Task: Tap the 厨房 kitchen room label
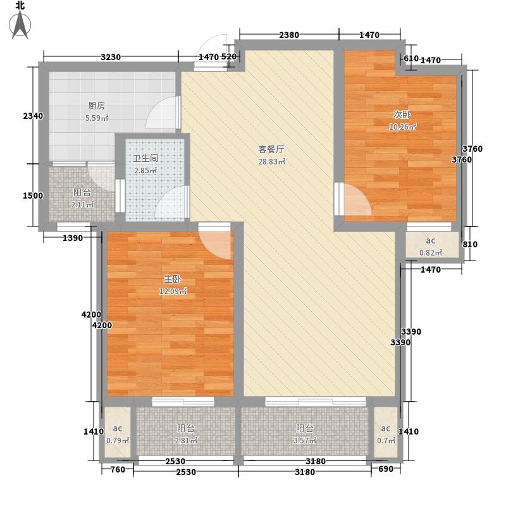(x=96, y=106)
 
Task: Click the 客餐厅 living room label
(x=271, y=150)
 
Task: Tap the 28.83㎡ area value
(x=272, y=162)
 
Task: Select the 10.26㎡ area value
(x=402, y=126)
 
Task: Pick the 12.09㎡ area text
(x=173, y=292)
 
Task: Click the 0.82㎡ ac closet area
(x=430, y=253)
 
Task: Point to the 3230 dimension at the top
(x=110, y=58)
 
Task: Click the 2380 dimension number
(x=288, y=35)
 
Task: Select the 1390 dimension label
(x=73, y=238)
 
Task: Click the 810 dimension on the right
(x=478, y=245)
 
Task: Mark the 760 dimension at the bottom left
(x=118, y=469)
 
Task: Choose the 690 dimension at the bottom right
(x=386, y=469)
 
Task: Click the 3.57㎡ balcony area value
(x=304, y=441)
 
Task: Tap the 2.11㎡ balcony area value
(x=82, y=205)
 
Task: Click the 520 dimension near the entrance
(x=229, y=57)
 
